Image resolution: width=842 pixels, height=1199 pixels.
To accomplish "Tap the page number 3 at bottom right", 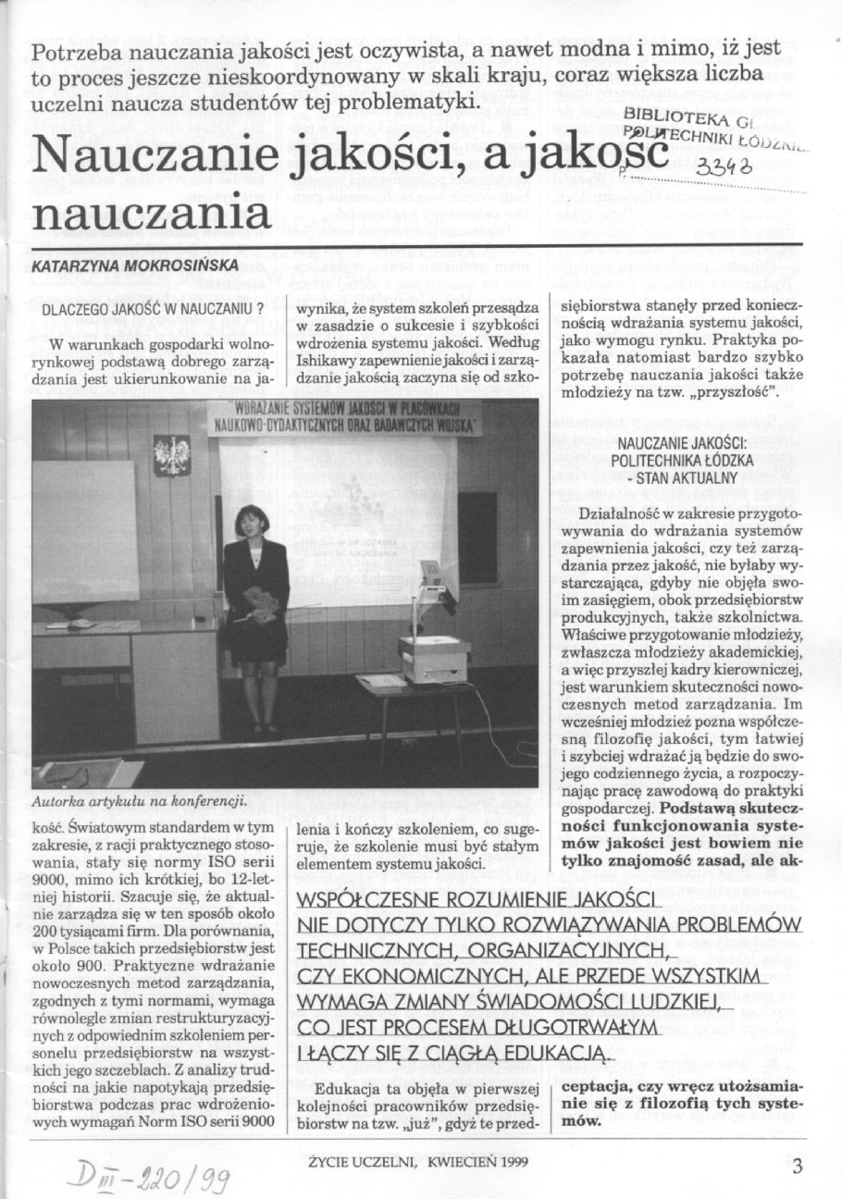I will click(x=797, y=1165).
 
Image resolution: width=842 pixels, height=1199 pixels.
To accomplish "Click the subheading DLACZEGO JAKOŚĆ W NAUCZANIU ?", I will click(x=154, y=310).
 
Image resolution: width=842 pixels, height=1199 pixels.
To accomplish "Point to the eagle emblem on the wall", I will click(x=171, y=454).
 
